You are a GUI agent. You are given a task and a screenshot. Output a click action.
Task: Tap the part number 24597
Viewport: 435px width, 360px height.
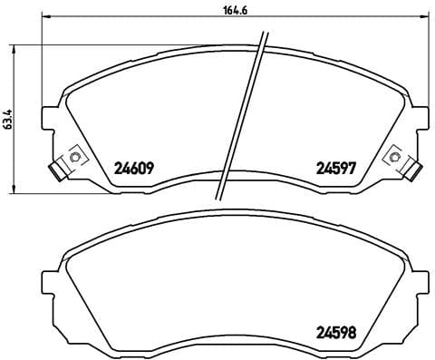pyautogui.click(x=333, y=168)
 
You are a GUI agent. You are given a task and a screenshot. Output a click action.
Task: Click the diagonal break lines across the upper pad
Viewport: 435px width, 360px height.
pyautogui.click(x=239, y=118)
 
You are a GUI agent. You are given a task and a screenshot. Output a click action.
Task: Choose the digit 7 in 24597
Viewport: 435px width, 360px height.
pyautogui.click(x=351, y=168)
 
